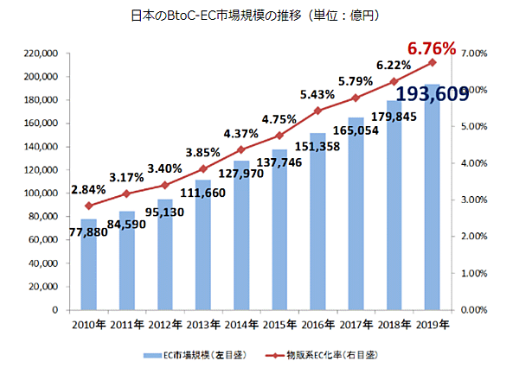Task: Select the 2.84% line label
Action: (x=88, y=188)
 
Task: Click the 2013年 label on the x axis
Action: (x=202, y=325)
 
